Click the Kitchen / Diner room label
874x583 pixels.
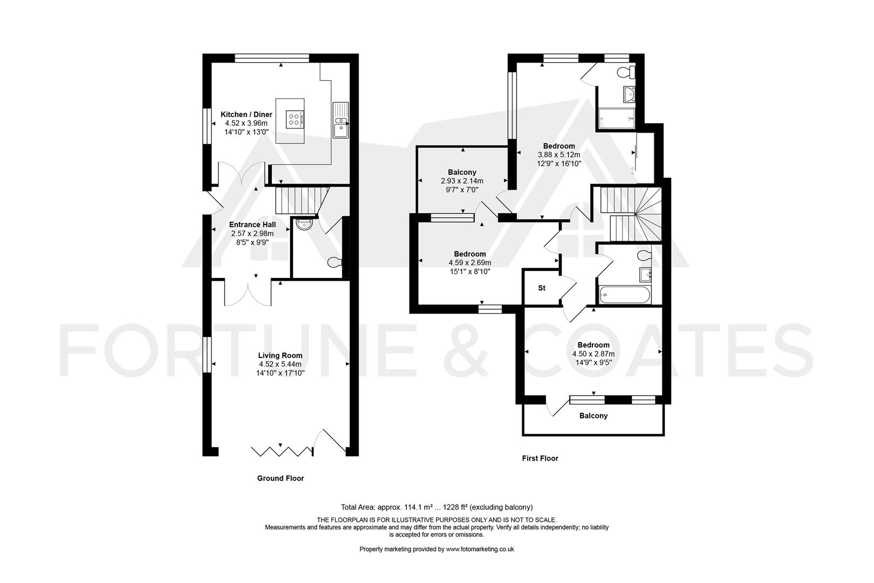(x=247, y=114)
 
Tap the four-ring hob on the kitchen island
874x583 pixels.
(x=295, y=118)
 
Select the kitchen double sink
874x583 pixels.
(x=340, y=120)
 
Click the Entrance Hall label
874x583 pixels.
(x=252, y=225)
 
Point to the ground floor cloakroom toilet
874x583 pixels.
(x=335, y=263)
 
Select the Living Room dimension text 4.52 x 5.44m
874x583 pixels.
(x=280, y=364)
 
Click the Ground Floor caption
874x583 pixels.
(x=281, y=478)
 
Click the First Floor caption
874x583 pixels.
(x=540, y=458)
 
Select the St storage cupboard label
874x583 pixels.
(x=542, y=288)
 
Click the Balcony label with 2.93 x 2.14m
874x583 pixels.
(x=462, y=181)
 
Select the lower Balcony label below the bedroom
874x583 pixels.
(x=593, y=416)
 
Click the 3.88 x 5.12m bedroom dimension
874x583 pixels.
(x=559, y=154)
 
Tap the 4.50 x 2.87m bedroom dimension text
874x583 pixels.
(x=593, y=354)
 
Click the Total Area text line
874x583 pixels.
(x=436, y=507)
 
